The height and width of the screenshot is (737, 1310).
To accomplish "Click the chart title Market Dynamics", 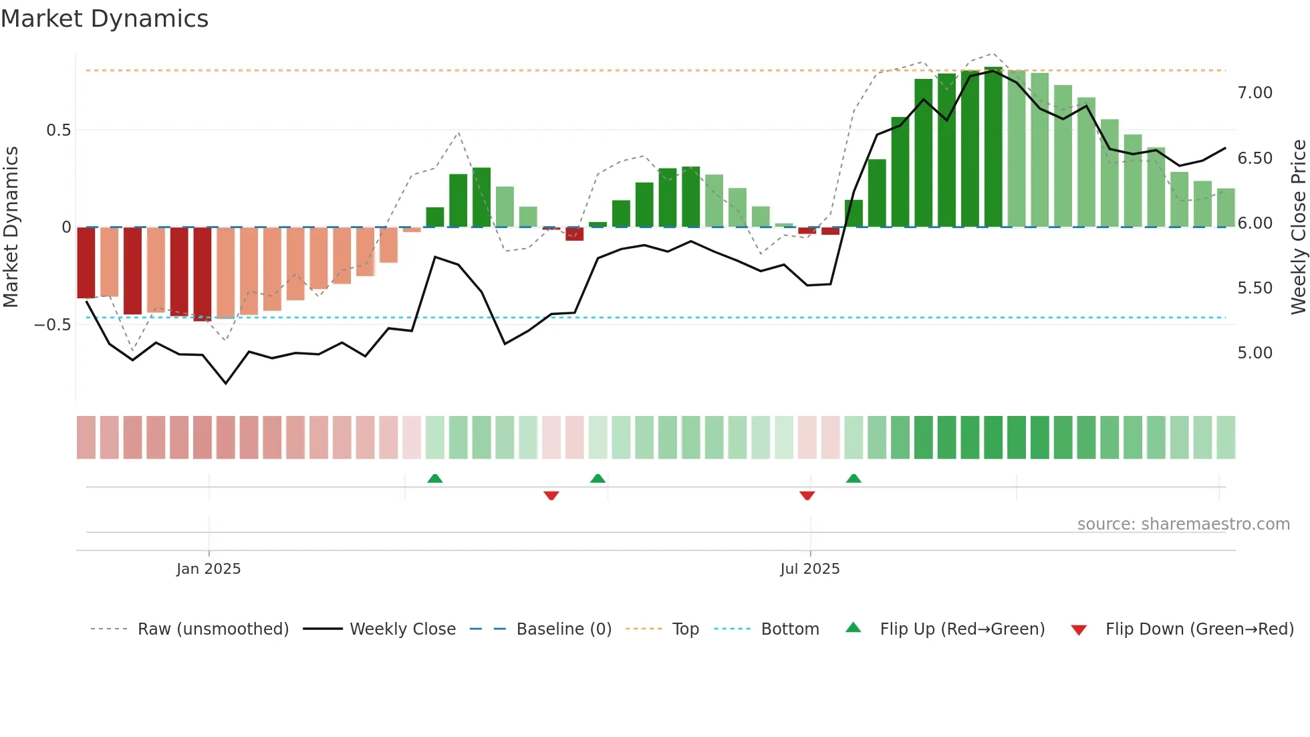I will point(104,19).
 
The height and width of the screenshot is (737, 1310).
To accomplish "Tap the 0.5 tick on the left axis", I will point(58,130).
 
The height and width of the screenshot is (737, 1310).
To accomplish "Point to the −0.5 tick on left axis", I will point(52,325).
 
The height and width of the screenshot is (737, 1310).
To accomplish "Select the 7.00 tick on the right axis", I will point(1255,93).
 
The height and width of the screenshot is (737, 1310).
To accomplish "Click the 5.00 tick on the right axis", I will point(1255,353).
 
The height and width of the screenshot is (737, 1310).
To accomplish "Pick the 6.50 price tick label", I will point(1255,159).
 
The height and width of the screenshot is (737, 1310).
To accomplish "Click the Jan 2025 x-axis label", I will point(209,569).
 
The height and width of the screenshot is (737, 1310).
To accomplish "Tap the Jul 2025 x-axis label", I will point(809,569).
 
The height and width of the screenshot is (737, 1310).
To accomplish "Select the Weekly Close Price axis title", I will point(1298,227).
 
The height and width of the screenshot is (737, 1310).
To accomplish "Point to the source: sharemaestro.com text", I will point(1183,524).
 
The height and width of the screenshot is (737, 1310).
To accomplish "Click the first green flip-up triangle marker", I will point(435,478).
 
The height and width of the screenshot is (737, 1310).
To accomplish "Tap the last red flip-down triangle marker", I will point(807,496).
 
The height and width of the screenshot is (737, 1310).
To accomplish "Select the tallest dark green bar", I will point(993,147).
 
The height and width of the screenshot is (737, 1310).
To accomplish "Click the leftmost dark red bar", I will point(86,262).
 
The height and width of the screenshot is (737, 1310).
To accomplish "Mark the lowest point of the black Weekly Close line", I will point(226,383).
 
